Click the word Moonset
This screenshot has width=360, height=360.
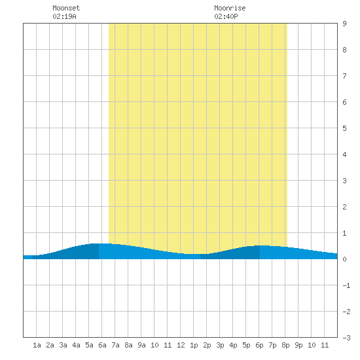click(66, 8)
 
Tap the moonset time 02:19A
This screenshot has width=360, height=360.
click(64, 16)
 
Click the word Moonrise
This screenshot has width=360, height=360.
click(230, 8)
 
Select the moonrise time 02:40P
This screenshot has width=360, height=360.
click(226, 16)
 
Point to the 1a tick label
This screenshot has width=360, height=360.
click(37, 345)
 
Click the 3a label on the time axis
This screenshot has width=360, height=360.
click(63, 345)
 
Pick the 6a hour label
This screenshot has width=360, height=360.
click(102, 345)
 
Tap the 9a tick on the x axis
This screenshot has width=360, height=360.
click(141, 345)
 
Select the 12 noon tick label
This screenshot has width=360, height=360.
click(181, 345)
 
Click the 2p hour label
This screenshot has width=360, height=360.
click(207, 345)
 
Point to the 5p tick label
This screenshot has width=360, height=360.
click(246, 345)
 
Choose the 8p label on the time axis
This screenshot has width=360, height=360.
click(285, 345)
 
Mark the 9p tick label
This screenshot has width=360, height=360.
click(298, 345)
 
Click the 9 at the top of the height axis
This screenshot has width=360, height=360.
click(344, 24)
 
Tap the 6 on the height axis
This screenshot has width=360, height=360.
click(344, 102)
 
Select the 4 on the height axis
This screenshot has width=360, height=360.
click(344, 154)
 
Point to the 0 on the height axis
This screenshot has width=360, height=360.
click(344, 259)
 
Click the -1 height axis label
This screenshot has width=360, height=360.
click(346, 285)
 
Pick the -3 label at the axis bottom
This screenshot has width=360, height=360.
click(346, 338)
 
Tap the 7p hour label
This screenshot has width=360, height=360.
click(272, 345)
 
